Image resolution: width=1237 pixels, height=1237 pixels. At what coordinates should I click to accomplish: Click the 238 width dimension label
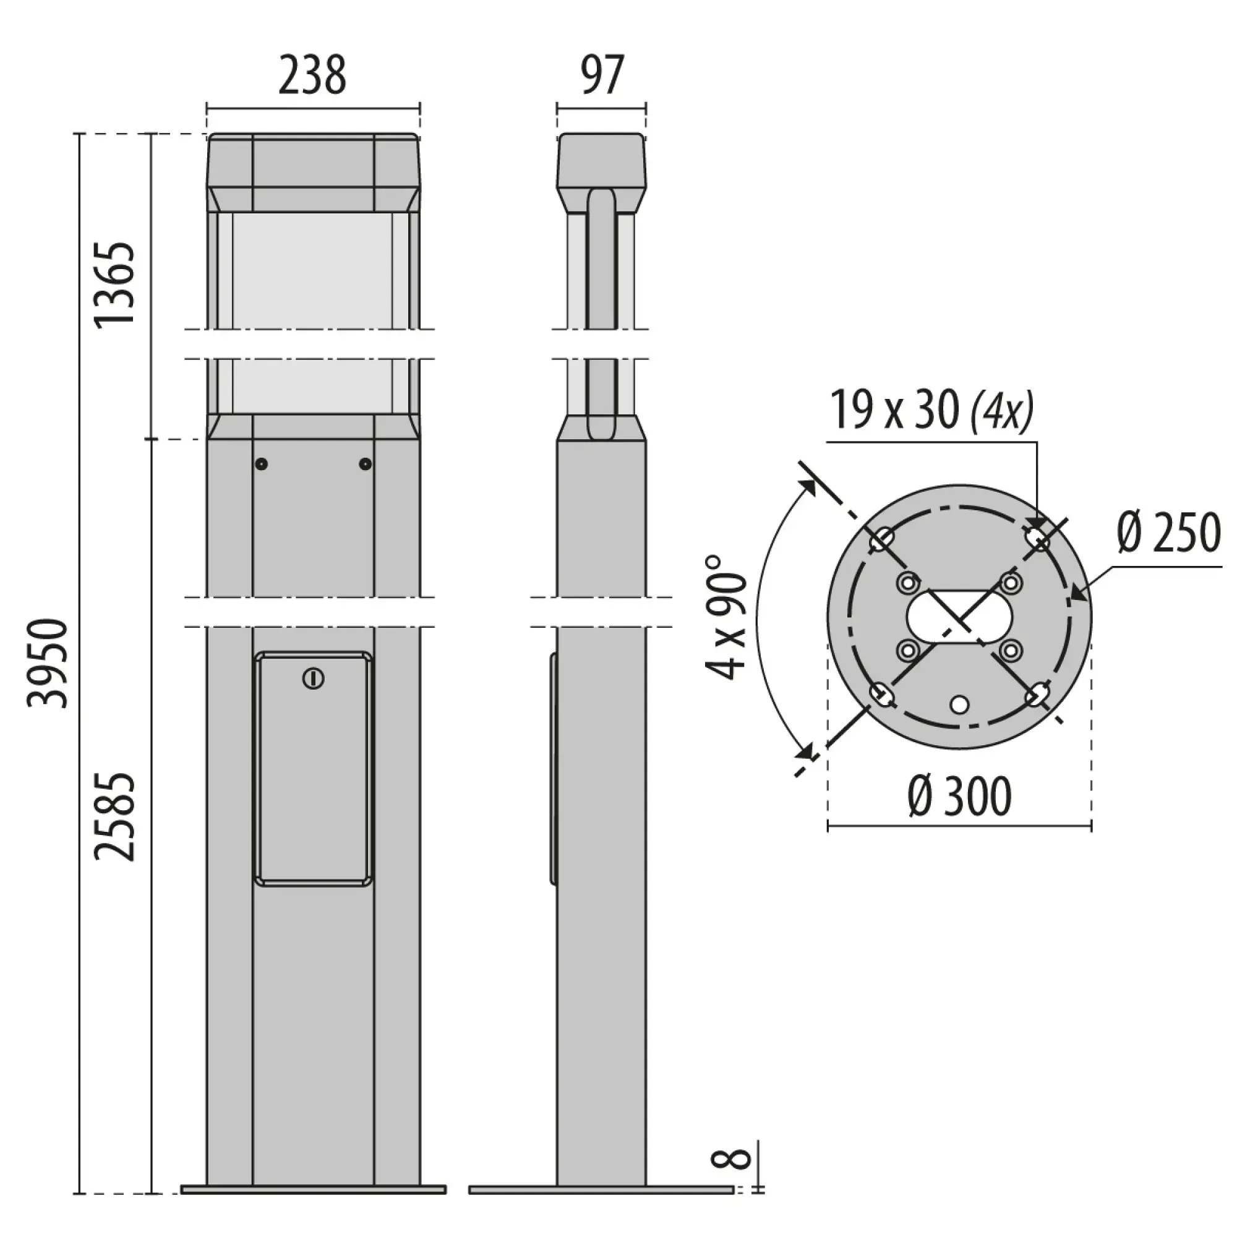click(x=312, y=75)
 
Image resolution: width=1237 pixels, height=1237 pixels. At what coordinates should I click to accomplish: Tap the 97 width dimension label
click(x=602, y=75)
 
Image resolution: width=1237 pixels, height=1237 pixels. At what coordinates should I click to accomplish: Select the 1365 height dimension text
click(x=115, y=285)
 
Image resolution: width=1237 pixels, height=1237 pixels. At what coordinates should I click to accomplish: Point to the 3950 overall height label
click(x=47, y=662)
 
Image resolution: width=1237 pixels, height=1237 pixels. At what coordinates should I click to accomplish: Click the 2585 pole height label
click(x=115, y=816)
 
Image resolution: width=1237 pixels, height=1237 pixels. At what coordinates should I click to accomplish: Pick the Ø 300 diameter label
click(x=959, y=796)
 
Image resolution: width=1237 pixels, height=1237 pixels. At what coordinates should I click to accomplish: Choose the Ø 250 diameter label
click(x=1169, y=533)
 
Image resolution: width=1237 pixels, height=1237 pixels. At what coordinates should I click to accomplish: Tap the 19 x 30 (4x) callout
click(x=931, y=410)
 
